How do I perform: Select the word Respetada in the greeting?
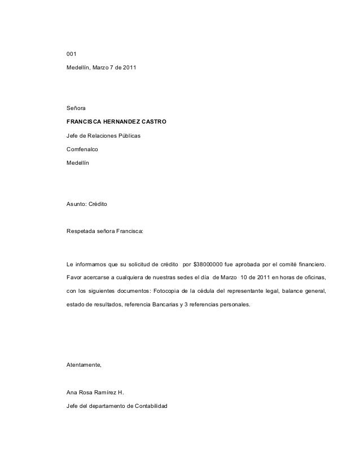tap(82, 231)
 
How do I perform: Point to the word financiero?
tap(310, 263)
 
